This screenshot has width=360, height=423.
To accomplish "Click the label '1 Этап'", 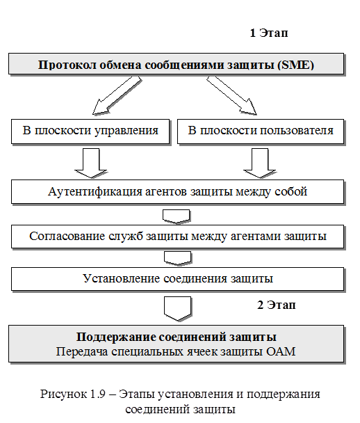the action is pos(269,33).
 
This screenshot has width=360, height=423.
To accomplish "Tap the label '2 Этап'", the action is pos(277,305).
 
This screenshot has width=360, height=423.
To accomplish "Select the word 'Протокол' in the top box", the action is pos(67,65).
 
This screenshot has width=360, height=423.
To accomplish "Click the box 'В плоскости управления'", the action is pos(90,131).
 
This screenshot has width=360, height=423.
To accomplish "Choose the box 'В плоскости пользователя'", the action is pos(261,131).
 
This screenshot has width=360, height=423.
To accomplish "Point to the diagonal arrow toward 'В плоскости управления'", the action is pos(117,95).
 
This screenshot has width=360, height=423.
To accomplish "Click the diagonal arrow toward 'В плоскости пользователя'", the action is pos(231,95).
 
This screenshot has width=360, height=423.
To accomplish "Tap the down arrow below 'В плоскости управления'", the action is pos(91,163).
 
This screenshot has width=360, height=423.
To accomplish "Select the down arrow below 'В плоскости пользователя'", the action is pos(260,163).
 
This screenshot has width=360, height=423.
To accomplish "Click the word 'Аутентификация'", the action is pos(95,192).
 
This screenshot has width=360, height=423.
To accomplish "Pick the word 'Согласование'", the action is pos(67,236).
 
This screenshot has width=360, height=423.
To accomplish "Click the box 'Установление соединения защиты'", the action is pos(178,279).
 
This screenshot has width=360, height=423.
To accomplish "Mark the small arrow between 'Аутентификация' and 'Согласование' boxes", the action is pos(177,216).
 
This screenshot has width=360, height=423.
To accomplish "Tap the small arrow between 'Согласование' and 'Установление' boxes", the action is pos(178,258).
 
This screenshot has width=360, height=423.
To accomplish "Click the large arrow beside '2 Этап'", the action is pos(178,309).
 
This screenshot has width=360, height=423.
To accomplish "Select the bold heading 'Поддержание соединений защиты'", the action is pos(177,337).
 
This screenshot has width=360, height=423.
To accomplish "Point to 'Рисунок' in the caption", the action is pos(64,394).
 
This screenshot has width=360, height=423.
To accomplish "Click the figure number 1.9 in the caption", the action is pos(97,394).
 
